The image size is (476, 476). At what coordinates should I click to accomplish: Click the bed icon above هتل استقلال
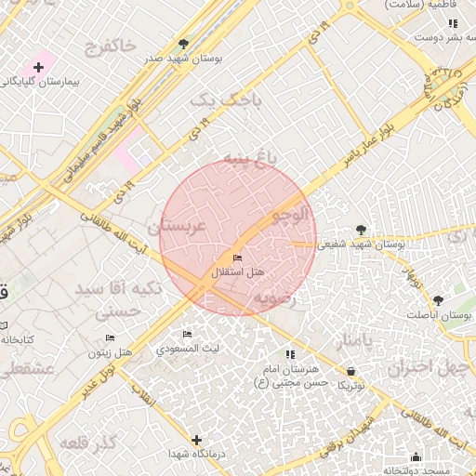pyautogui.click(x=237, y=258)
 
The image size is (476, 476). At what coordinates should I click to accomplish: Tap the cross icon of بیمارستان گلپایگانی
pyautogui.click(x=38, y=67)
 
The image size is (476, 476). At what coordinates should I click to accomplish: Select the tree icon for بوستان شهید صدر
pyautogui.click(x=182, y=44)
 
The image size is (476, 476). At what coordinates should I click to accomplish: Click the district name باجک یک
pyautogui.click(x=226, y=98)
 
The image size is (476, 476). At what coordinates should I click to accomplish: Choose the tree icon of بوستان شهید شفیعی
pyautogui.click(x=361, y=230)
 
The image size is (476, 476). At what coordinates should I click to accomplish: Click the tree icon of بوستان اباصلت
pyautogui.click(x=438, y=299)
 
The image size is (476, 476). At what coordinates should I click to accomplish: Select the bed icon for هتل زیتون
pyautogui.click(x=111, y=338)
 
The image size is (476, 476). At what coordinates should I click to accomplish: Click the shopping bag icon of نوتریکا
pyautogui.click(x=350, y=370)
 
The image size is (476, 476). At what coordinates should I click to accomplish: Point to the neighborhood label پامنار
pyautogui.click(x=352, y=341)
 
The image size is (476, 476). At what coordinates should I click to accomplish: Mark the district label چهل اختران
pyautogui.click(x=425, y=366)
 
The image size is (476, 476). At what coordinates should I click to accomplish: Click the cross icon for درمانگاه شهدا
pyautogui.click(x=196, y=439)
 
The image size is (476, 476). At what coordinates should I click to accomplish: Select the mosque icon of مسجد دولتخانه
pyautogui.click(x=415, y=457)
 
